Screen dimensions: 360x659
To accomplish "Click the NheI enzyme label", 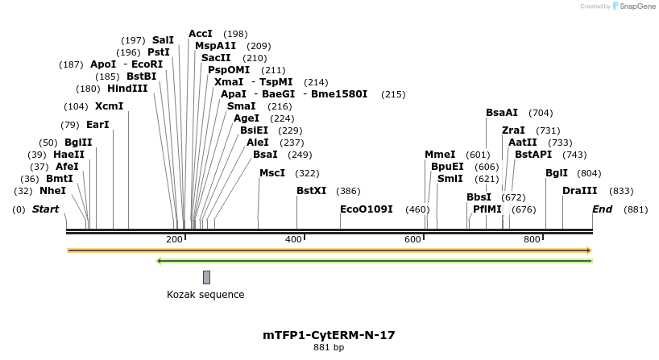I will [x=52, y=191].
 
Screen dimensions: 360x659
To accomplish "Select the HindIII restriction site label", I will [x=127, y=89].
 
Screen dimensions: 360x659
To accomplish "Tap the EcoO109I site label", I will [x=367, y=209].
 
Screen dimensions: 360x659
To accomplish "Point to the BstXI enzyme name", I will [x=312, y=191].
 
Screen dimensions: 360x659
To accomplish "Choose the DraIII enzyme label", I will [x=580, y=191].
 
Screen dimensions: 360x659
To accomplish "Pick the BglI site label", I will [x=557, y=173].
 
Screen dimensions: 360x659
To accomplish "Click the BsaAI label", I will [x=502, y=113].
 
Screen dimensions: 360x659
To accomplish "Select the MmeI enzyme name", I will [x=440, y=155].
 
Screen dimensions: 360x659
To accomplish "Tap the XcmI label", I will [x=109, y=106].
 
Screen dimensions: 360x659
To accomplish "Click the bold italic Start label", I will [x=45, y=209].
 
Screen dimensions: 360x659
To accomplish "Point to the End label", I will [x=602, y=209].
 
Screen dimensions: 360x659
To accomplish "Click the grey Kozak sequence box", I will [x=206, y=277].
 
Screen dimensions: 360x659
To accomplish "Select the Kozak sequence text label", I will [x=205, y=295].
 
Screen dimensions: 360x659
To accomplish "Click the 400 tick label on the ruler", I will [x=293, y=240].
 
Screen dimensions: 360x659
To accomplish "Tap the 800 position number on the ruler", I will [x=532, y=240].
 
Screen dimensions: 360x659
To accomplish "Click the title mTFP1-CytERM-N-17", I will [x=329, y=335].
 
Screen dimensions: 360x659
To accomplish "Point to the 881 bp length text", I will [x=329, y=348].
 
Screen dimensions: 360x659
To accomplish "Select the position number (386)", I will [x=348, y=191].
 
